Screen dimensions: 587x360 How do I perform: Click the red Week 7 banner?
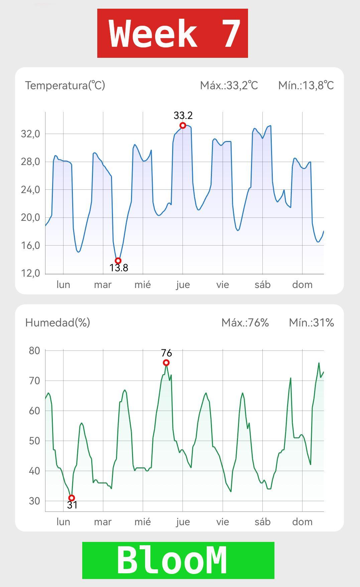[x=172, y=33]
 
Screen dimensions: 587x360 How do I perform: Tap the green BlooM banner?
[x=178, y=560]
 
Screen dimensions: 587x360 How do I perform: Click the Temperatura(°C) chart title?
[x=65, y=86]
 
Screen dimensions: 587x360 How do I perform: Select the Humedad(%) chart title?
[x=57, y=323]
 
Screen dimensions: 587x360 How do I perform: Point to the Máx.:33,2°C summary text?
[x=229, y=86]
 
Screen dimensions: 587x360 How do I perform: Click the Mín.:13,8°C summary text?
[x=306, y=86]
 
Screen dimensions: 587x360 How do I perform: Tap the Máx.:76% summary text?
[x=245, y=323]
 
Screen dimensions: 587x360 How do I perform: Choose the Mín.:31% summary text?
[x=311, y=323]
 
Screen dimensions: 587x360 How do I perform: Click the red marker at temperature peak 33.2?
[x=183, y=126]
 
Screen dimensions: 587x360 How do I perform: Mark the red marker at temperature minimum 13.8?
[x=118, y=261]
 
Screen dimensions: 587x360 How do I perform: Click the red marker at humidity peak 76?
[x=166, y=363]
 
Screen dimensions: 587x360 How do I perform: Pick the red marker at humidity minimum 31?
[x=72, y=498]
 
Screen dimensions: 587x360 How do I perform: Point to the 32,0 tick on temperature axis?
[x=30, y=134]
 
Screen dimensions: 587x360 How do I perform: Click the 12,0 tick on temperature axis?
[x=30, y=273]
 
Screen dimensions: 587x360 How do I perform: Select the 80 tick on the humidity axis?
[x=34, y=351]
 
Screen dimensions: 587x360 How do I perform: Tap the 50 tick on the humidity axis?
[x=34, y=441]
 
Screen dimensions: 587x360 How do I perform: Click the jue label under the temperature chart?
[x=183, y=285]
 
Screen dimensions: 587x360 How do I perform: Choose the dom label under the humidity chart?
[x=302, y=522]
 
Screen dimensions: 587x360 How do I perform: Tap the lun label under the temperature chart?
[x=63, y=285]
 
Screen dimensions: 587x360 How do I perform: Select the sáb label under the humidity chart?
[x=262, y=522]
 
